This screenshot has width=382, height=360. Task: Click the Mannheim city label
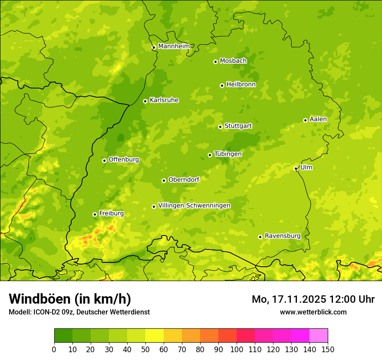click(x=174, y=46)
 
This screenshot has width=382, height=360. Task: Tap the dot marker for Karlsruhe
click(x=145, y=101)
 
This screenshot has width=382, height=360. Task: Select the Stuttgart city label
click(x=238, y=126)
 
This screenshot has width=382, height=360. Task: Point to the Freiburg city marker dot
click(x=95, y=214)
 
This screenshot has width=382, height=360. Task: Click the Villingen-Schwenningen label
click(x=194, y=205)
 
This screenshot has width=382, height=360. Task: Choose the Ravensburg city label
click(x=282, y=236)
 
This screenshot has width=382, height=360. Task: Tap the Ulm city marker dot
click(x=296, y=169)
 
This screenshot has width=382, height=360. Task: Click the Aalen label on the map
click(x=318, y=119)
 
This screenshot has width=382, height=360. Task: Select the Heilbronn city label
click(x=241, y=84)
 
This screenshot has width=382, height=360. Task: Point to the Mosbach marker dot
click(x=215, y=62)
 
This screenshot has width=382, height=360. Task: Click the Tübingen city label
click(x=228, y=154)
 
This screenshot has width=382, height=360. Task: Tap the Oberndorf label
click(x=184, y=180)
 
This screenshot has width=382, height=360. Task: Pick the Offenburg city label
click(x=124, y=159)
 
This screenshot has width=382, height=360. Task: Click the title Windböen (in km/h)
click(x=70, y=299)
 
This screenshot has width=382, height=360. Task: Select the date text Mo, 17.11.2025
click(x=289, y=299)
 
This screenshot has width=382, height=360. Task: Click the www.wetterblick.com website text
click(x=313, y=312)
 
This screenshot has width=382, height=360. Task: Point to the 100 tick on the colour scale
click(x=237, y=349)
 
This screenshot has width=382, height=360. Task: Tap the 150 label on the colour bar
click(x=328, y=349)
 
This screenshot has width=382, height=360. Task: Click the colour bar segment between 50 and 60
click(x=155, y=336)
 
